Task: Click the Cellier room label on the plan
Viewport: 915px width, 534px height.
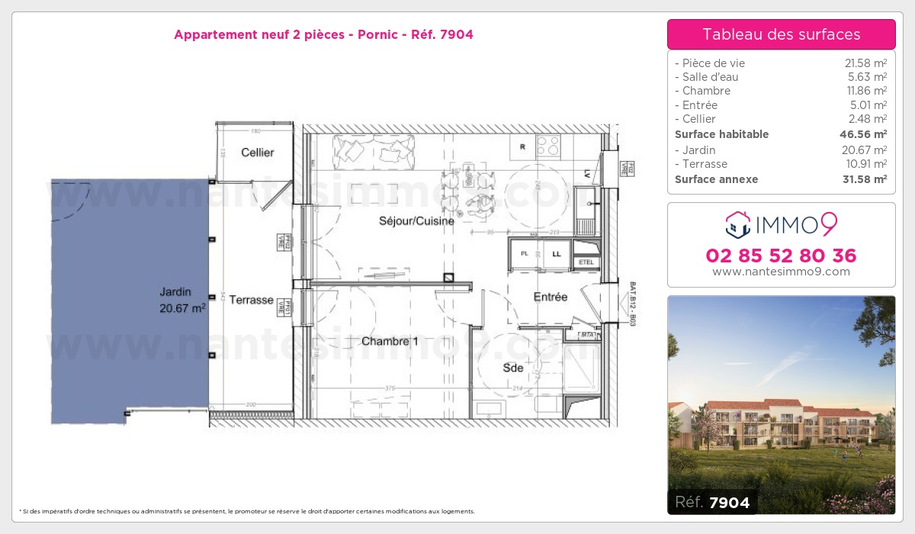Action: coord(257,153)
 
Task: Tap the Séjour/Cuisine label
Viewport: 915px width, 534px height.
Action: coord(416,221)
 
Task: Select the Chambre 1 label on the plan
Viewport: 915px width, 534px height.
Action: coord(390,342)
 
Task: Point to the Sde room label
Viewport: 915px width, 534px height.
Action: coord(513,368)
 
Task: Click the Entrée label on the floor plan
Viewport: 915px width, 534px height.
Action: coord(550,297)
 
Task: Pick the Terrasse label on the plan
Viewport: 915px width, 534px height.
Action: coord(251,300)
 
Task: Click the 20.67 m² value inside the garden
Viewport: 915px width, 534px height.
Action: coord(183,308)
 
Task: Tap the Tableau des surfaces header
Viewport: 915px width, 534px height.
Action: coord(781,34)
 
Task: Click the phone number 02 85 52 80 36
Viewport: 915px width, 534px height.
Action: coord(781,256)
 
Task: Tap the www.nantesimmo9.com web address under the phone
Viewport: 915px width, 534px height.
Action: coord(781,272)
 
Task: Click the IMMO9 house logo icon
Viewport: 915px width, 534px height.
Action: coord(737,224)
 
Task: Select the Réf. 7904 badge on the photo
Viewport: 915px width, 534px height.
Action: coord(712,502)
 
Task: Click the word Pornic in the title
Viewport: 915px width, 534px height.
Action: coord(371,34)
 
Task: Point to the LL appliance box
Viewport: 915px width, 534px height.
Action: coord(557,254)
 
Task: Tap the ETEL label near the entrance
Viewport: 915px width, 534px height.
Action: coord(586,262)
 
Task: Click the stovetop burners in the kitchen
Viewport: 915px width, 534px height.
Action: coord(547,145)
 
